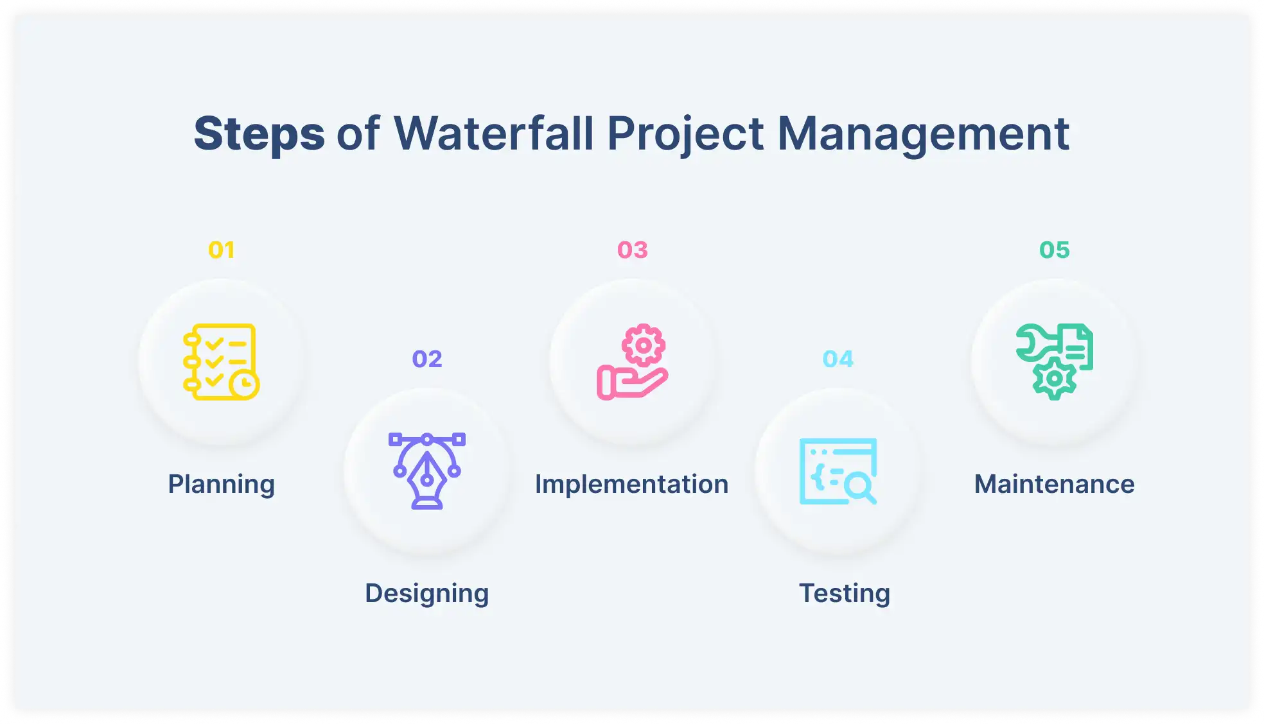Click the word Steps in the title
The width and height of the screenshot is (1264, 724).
pyautogui.click(x=259, y=134)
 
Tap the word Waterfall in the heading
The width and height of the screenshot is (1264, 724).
pyautogui.click(x=493, y=134)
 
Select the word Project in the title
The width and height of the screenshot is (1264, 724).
pyautogui.click(x=685, y=134)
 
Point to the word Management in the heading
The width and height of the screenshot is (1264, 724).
pyautogui.click(x=923, y=134)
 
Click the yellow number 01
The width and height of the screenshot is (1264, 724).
pyautogui.click(x=222, y=250)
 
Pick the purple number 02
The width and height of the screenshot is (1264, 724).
pyautogui.click(x=427, y=359)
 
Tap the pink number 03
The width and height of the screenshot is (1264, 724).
pyautogui.click(x=633, y=250)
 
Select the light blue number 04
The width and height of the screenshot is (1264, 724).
pyautogui.click(x=838, y=359)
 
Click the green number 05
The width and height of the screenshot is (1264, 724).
pyautogui.click(x=1055, y=250)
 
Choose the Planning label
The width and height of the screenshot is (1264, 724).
pyautogui.click(x=222, y=484)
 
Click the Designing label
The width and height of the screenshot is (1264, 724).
pyautogui.click(x=427, y=593)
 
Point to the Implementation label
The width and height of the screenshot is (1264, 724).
pyautogui.click(x=632, y=484)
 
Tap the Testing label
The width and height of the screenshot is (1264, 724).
pyautogui.click(x=845, y=593)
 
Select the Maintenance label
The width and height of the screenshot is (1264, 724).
pyautogui.click(x=1055, y=484)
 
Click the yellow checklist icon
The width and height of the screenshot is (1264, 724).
pyautogui.click(x=218, y=359)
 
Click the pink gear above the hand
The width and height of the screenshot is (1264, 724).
pyautogui.click(x=644, y=345)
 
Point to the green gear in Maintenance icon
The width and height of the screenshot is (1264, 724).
pyautogui.click(x=1054, y=379)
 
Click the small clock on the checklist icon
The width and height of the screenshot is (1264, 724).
pyautogui.click(x=244, y=384)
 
